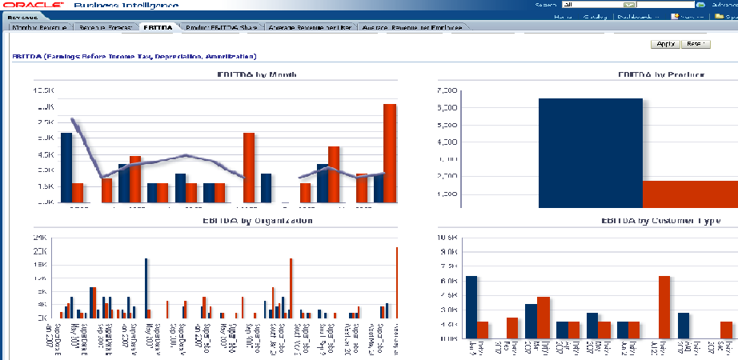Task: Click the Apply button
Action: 666,44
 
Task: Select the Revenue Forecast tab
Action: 106,27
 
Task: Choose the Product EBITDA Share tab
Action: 221,27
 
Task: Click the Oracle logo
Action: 34,6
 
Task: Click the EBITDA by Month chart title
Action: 257,74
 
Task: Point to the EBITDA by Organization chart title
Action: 256,220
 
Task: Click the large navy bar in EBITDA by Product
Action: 591,152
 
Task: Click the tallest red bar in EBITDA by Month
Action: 390,153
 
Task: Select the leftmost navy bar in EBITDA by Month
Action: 66,168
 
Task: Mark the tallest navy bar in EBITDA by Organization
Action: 146,288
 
